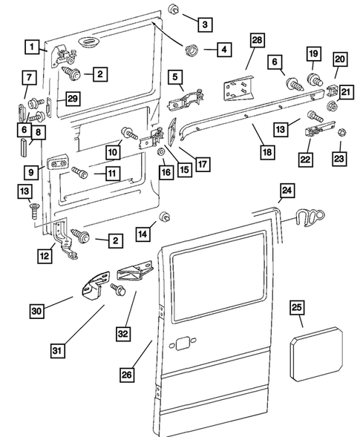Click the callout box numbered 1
click(x=32, y=47)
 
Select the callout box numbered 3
click(x=205, y=24)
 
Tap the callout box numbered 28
click(x=257, y=40)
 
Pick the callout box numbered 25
click(x=296, y=307)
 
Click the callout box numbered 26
click(x=127, y=375)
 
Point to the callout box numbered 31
click(x=57, y=351)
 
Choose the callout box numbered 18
click(x=267, y=152)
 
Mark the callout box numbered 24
click(x=287, y=191)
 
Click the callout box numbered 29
click(x=73, y=99)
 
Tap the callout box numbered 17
click(x=203, y=164)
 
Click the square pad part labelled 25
click(x=316, y=354)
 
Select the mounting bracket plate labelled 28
click(x=239, y=88)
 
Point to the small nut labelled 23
click(x=341, y=134)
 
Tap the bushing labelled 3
click(x=174, y=9)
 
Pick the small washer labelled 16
click(x=161, y=152)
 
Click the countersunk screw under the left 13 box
click(x=33, y=211)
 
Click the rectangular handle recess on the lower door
click(x=183, y=344)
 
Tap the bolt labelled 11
click(x=79, y=172)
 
